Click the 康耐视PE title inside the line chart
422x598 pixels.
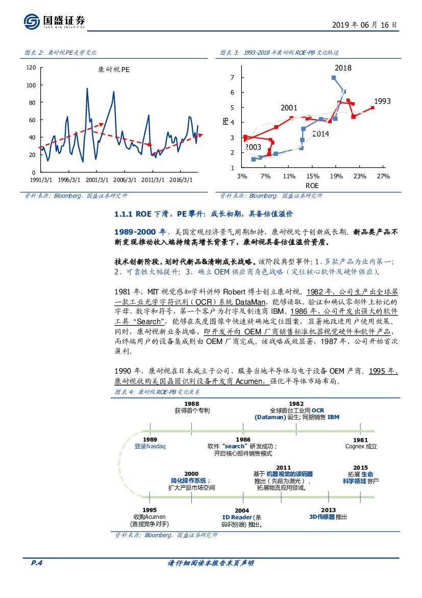point(114,71)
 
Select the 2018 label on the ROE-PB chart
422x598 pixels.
point(343,67)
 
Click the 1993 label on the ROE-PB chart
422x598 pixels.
point(382,101)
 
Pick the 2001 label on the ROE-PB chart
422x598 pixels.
point(288,108)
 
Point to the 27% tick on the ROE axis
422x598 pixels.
point(383,176)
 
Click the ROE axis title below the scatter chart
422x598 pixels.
point(311,185)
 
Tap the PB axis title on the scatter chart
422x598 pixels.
point(225,122)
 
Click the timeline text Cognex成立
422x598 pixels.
point(361,446)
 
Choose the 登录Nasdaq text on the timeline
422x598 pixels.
point(150,446)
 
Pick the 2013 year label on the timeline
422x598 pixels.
point(329,510)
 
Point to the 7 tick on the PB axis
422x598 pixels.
point(232,77)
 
